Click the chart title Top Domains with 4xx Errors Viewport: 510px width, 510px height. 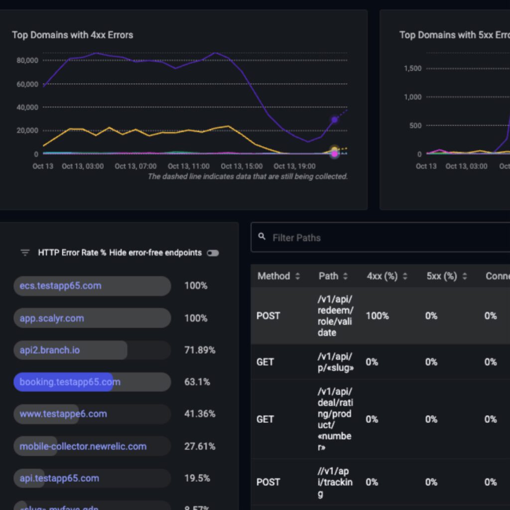point(72,35)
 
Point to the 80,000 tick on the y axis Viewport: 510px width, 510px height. point(27,60)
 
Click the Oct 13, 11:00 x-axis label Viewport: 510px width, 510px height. point(188,166)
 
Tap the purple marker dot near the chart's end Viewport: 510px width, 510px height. point(335,120)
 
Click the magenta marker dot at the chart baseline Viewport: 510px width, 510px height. point(335,154)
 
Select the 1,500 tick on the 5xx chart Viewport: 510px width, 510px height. point(412,68)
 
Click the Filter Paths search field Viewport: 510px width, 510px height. point(349,238)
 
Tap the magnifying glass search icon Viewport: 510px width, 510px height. point(262,237)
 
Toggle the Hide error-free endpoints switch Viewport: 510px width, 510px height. point(213,253)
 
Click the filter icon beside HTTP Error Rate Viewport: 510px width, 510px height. point(25,253)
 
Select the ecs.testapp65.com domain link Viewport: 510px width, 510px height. point(60,286)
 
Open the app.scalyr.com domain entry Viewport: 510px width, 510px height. point(52,318)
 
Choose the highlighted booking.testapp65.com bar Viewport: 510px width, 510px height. point(70,382)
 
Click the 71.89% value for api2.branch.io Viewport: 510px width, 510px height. point(200,350)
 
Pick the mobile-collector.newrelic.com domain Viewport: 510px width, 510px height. point(83,446)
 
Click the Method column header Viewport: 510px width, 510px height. point(273,276)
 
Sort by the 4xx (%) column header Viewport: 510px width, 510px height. point(382,276)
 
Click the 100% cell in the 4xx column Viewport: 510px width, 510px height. point(377,316)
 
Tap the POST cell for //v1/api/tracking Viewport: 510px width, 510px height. point(268,482)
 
